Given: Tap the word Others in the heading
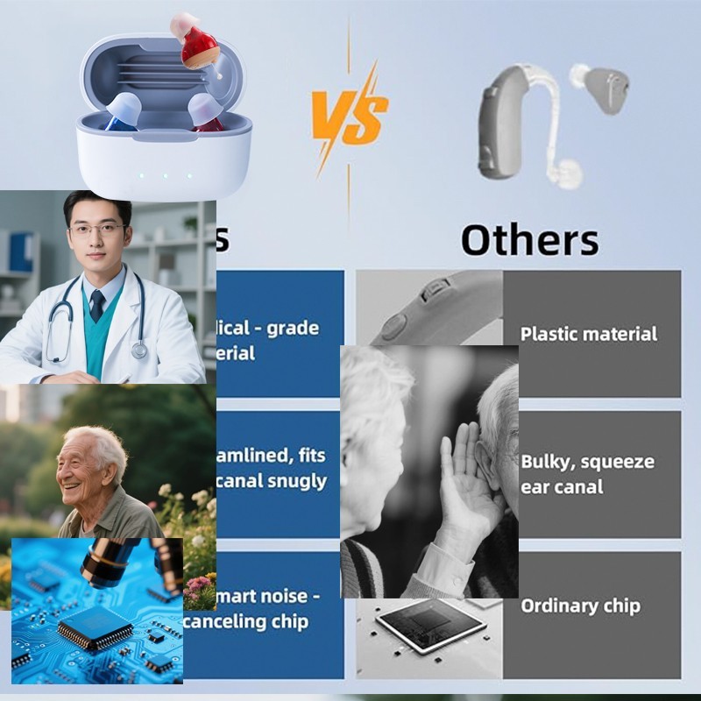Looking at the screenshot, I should tap(529, 239).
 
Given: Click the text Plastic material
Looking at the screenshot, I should tap(588, 334).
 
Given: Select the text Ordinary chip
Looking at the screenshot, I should tap(580, 605).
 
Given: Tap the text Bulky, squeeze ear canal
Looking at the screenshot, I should tap(587, 473).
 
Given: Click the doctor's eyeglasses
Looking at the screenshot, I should tap(96, 230).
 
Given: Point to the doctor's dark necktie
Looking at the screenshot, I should tap(97, 305).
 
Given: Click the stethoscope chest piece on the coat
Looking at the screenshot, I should tap(139, 350).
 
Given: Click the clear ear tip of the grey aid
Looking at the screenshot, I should tap(565, 173).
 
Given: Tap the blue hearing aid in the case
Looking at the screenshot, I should tap(124, 114).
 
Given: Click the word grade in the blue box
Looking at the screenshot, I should tap(293, 329).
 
